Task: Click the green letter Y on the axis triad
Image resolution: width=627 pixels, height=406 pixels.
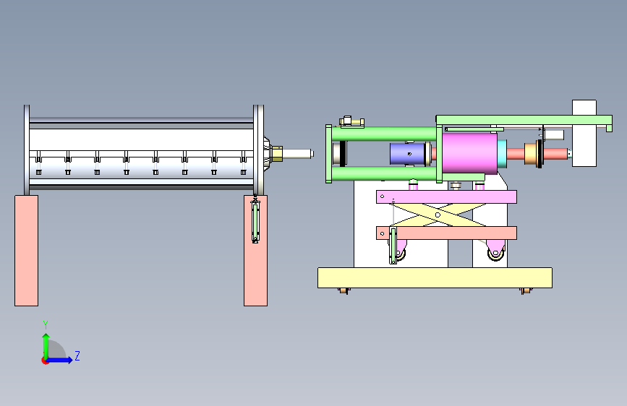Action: [x=46, y=325]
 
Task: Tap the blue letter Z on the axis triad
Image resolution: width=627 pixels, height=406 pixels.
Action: [x=77, y=355]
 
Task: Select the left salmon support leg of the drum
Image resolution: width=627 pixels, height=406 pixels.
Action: [x=26, y=251]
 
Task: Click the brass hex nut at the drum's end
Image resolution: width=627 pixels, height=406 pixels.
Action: [x=276, y=153]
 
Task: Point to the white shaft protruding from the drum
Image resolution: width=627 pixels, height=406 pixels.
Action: [x=297, y=153]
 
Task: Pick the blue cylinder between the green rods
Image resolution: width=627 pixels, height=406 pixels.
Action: [x=407, y=154]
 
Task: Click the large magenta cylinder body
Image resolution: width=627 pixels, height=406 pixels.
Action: [x=470, y=153]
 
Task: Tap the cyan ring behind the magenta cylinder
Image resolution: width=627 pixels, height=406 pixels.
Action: [x=502, y=154]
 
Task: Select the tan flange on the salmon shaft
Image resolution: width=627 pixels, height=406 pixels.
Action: [x=531, y=154]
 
